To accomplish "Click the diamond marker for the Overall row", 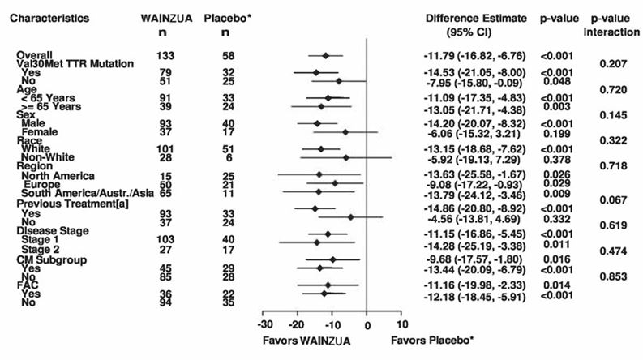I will point(326,56).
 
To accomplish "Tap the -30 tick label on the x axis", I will point(264,324).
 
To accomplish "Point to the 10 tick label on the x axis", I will point(402,324).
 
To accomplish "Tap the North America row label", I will point(58,175).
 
